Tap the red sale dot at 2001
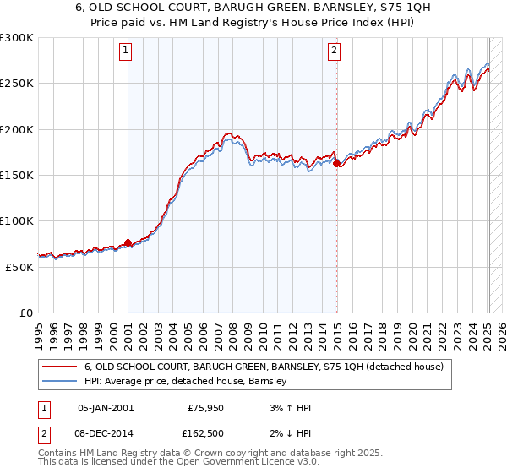pos(128,243)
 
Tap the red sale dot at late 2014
pos(336,164)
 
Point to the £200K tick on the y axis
pos(17,129)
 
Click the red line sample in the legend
pos(60,367)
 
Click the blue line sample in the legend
pos(60,382)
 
